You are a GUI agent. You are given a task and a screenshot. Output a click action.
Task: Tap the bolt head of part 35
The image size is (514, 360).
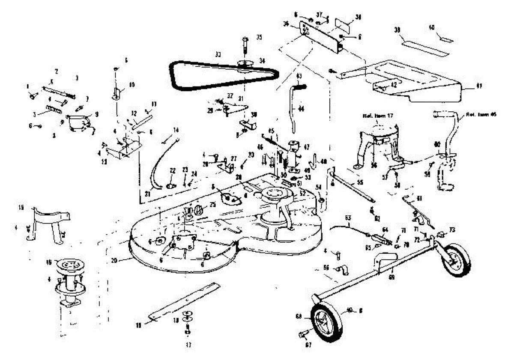[x=245, y=40]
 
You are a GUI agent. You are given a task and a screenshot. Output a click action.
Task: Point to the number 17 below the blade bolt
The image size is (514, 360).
[x=188, y=344]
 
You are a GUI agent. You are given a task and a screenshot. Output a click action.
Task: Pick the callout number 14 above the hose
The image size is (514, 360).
[x=175, y=130]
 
